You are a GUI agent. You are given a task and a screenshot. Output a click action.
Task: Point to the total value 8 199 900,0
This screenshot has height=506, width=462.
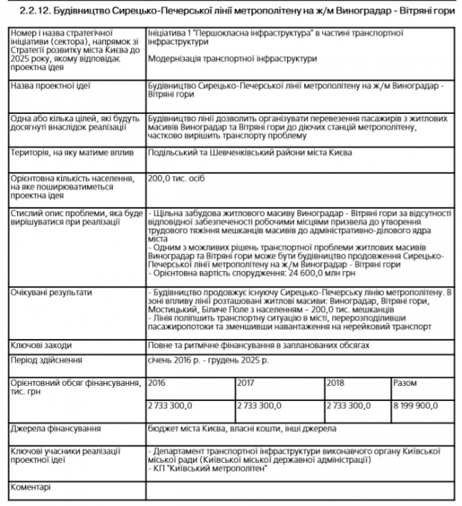417,407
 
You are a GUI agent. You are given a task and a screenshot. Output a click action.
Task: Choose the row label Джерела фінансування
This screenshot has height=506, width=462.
56,429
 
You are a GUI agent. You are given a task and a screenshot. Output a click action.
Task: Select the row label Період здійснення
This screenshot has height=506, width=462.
46,361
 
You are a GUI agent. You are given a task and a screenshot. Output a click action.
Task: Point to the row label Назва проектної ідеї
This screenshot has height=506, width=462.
50,86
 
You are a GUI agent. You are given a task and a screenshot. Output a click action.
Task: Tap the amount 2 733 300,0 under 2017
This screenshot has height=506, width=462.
259,407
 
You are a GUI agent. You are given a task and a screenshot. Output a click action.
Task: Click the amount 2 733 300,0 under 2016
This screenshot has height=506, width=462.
171,407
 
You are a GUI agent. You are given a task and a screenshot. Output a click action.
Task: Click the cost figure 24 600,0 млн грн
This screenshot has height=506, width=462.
294,273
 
